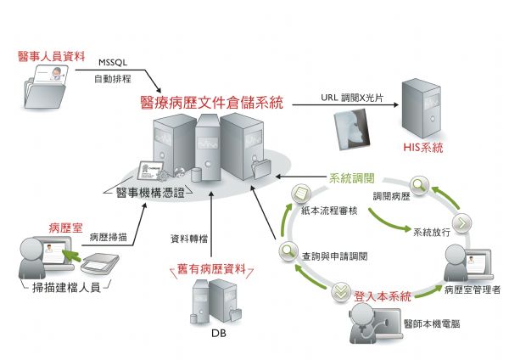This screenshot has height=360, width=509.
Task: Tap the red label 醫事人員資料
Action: point(52,58)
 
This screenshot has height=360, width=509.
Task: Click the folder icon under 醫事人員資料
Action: point(48,88)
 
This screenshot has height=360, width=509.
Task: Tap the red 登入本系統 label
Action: point(383,296)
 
